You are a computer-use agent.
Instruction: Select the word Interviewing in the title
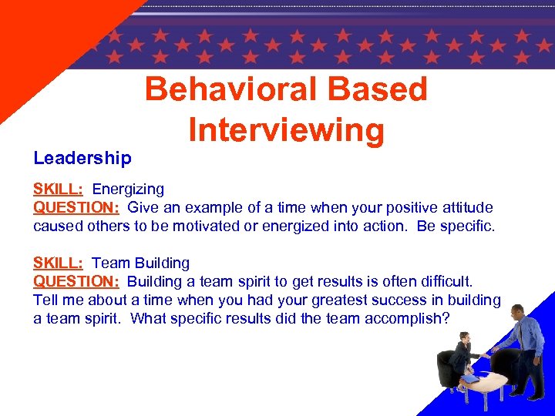click(286, 129)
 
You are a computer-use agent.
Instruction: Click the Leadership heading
click(82, 158)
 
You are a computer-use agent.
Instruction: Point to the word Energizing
click(128, 190)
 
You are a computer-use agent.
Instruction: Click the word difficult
click(444, 281)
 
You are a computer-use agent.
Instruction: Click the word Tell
click(46, 300)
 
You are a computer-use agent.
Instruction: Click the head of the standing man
click(517, 310)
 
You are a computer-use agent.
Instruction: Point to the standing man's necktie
click(521, 333)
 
